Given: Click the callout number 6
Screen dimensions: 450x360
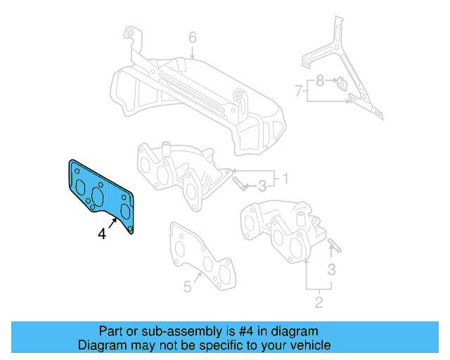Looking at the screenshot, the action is point(192,37).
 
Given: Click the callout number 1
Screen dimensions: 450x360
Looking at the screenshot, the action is point(286,176).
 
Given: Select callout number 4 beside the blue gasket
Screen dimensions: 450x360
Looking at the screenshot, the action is point(103,234).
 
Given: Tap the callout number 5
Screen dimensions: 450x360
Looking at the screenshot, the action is point(187,287).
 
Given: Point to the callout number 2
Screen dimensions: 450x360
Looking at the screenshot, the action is point(318,302).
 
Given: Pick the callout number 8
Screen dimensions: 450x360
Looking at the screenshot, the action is point(320,81).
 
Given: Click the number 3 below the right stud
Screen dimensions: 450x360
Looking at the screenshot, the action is point(332,269).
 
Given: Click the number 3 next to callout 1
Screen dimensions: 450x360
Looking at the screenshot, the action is point(262,186).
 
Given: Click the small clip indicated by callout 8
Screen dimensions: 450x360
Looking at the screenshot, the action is point(340,83).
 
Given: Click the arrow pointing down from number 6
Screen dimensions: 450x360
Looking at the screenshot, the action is point(192,51).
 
